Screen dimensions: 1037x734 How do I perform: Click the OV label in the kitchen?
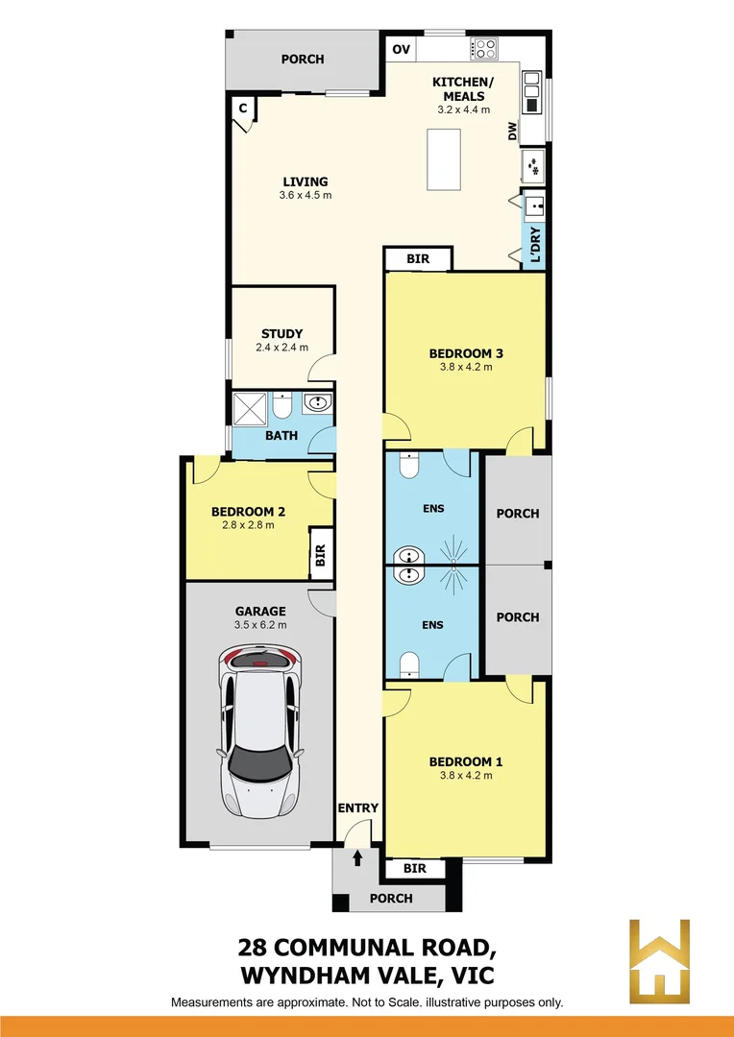pos(401,50)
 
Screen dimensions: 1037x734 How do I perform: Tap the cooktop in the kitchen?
pos(483,48)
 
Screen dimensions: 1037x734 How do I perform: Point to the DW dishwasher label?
pos(513,132)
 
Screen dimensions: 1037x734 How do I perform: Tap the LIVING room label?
pos(305,181)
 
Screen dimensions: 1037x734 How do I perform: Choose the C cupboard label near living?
pos(243,109)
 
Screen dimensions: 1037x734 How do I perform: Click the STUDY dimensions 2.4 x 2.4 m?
pos(281,348)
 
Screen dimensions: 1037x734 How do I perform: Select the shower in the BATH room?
pos(251,408)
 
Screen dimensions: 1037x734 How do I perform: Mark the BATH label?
pos(281,436)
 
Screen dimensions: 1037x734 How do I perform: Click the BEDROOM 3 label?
pos(465,353)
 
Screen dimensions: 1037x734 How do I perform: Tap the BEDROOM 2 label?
pos(248,513)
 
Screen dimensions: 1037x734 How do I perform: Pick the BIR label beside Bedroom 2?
pos(321,554)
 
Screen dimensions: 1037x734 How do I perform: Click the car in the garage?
pos(260,729)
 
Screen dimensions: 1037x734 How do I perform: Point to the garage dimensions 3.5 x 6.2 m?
pos(260,625)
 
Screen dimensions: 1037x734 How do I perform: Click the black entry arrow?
pos(357,857)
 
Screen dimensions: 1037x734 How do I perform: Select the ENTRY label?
pos(357,808)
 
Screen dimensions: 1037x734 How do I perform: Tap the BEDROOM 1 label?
pos(465,762)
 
